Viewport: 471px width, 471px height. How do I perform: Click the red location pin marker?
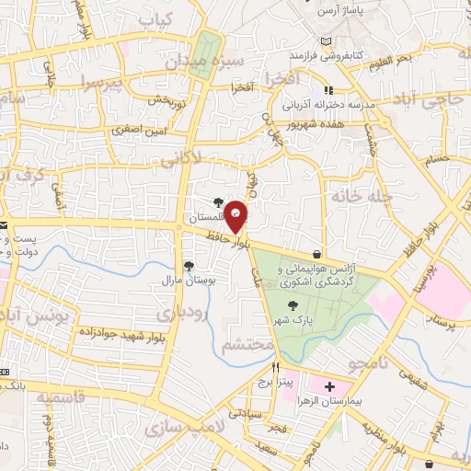pyautogui.click(x=236, y=215)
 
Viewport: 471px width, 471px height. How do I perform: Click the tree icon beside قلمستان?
pyautogui.click(x=217, y=202)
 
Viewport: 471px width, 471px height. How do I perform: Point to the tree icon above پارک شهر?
pyautogui.click(x=292, y=306)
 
